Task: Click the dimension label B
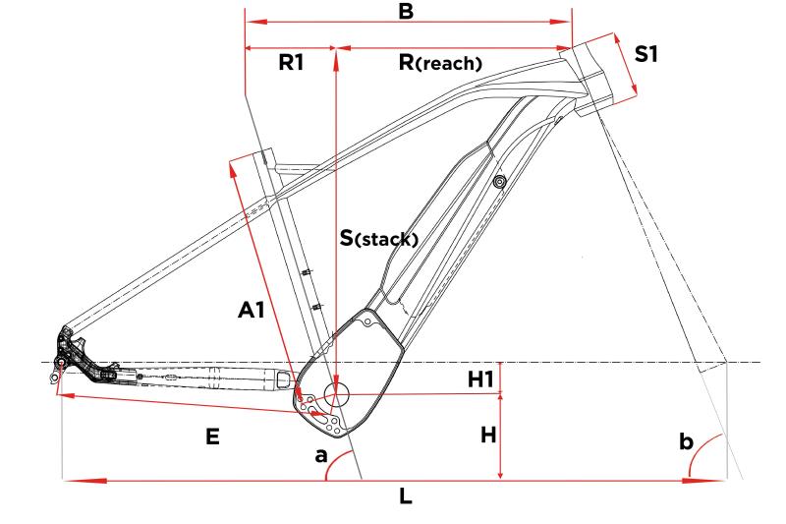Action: [x=405, y=13]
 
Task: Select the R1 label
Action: [x=291, y=63]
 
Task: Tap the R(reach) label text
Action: [x=439, y=63]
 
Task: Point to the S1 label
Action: [x=646, y=54]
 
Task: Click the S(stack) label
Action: [x=379, y=237]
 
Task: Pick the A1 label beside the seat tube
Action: [x=253, y=311]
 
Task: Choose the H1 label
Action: [x=481, y=378]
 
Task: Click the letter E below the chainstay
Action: [x=212, y=437]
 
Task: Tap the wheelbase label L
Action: [x=406, y=497]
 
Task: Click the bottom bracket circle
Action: [x=336, y=395]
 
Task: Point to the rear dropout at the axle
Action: [x=61, y=363]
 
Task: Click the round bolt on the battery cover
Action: [x=500, y=182]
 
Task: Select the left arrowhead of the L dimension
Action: [x=71, y=481]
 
